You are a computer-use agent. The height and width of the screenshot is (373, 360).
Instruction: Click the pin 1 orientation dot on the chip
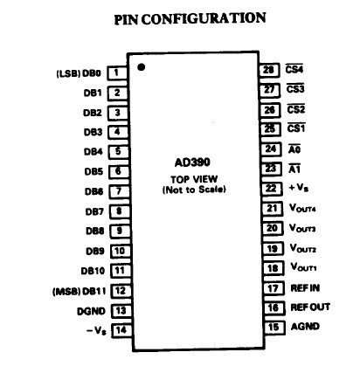coord(141,67)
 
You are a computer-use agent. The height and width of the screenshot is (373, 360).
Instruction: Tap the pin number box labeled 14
coord(121,330)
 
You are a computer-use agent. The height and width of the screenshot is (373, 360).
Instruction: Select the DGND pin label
coord(91,311)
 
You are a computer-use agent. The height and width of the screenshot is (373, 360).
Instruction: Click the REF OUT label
coord(310,307)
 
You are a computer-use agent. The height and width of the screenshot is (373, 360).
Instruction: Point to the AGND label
coord(305,327)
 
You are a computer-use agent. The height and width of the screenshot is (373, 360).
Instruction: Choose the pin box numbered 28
coord(269,70)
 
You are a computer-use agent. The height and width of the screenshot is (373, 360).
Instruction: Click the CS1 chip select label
coord(296,128)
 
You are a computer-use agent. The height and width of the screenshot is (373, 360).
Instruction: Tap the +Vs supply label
coord(298,188)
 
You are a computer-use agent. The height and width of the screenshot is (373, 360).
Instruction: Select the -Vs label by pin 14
coord(97,331)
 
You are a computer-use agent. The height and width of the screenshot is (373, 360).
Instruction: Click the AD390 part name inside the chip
coord(192,162)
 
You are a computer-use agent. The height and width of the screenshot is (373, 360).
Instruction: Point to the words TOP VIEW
coord(194,179)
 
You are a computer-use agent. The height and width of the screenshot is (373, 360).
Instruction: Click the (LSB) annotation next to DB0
coord(68,73)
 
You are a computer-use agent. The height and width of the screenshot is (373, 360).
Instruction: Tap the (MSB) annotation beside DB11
coord(66,292)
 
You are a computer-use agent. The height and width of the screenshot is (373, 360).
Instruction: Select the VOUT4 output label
coord(302,208)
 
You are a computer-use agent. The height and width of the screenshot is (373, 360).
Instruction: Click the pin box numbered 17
coord(273,288)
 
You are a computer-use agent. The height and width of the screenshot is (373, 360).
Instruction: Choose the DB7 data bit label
coord(94,211)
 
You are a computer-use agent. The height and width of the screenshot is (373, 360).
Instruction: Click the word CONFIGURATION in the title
coord(204,19)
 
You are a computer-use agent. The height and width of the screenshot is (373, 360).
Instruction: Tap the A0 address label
coord(294,149)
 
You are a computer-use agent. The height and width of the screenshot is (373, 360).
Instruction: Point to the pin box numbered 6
coord(119,171)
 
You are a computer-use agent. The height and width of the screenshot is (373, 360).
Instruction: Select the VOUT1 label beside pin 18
coord(303,267)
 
